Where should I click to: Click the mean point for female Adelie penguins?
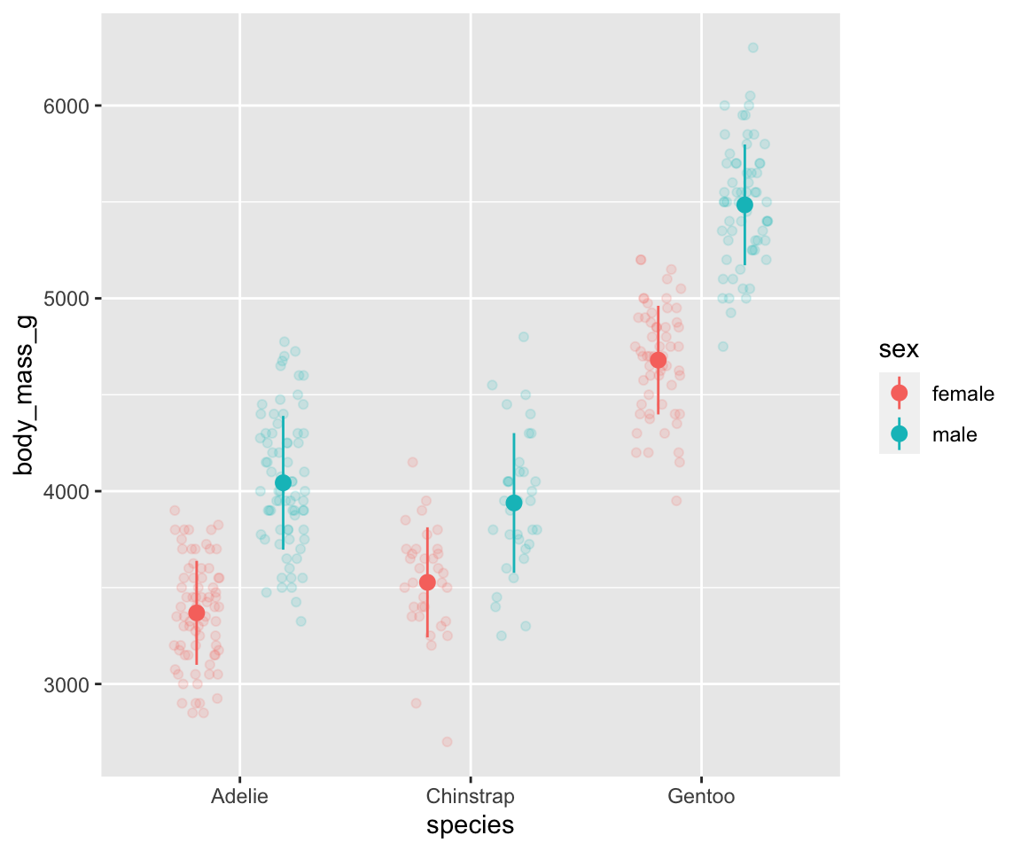point(196,613)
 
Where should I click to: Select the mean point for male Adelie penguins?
point(283,482)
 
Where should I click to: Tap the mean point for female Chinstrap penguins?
point(427,582)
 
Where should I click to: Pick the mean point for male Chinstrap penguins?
point(513,503)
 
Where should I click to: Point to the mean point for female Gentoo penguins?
point(658,360)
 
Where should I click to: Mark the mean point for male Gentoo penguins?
point(744,205)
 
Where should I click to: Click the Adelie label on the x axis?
point(239,796)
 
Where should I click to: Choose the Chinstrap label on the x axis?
point(470,796)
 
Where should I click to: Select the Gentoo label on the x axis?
point(701,796)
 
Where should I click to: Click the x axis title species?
point(470,825)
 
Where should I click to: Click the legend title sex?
point(898,350)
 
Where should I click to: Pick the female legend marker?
point(899,393)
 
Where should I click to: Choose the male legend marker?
point(899,433)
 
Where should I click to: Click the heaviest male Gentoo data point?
point(752,48)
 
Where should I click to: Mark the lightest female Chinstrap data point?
point(447,741)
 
